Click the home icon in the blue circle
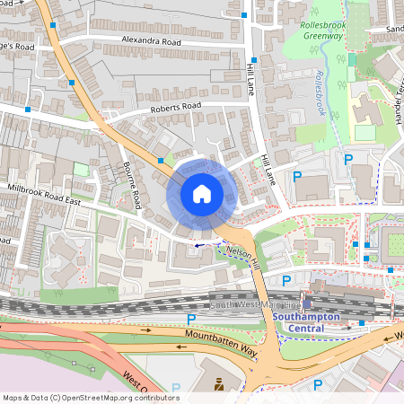[201, 193]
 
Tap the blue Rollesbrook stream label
[320, 95]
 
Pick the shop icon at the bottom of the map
[217, 384]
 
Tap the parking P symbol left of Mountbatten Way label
[190, 318]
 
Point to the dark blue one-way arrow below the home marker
[198, 244]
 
